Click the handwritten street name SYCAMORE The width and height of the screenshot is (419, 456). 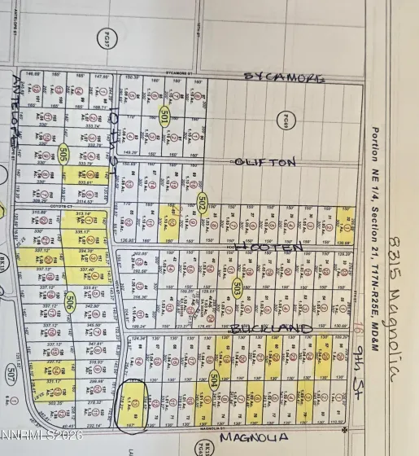click(x=285, y=77)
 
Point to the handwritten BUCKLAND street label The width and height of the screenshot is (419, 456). click(x=270, y=328)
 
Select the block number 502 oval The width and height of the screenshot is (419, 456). click(x=203, y=204)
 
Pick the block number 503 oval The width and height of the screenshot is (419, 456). click(x=237, y=287)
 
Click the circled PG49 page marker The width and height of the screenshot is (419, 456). click(x=286, y=121)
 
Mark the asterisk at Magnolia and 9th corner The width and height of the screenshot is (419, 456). click(x=346, y=427)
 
